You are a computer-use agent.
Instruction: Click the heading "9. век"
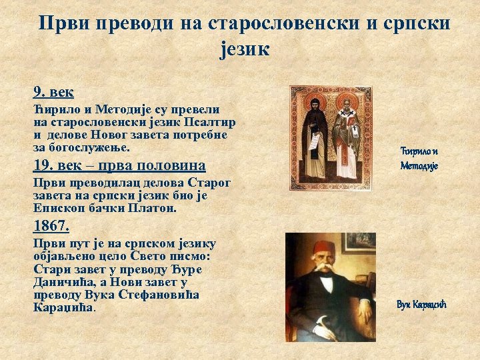pos(53,91)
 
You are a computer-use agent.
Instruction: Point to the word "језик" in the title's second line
pos(245,48)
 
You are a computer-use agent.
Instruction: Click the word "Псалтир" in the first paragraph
pos(213,123)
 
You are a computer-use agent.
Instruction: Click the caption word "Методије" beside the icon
pos(419,165)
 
